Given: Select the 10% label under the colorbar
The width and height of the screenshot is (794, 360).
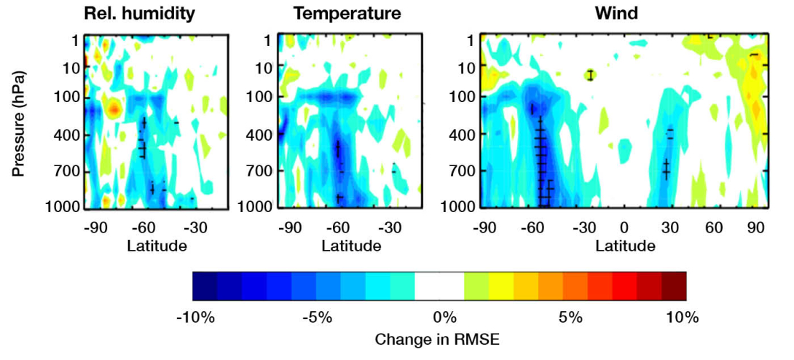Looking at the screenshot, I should (682, 318).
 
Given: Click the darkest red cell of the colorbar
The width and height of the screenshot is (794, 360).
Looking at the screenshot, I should (674, 286).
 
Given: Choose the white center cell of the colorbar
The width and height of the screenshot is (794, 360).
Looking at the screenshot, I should (439, 286).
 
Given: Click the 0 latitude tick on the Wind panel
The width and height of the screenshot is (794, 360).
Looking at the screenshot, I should (624, 227).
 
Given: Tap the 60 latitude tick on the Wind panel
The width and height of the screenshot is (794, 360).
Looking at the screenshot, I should (714, 227).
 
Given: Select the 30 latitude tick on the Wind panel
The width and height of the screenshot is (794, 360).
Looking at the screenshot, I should (669, 227).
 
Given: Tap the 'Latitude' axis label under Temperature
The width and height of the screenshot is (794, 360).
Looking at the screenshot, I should (352, 245).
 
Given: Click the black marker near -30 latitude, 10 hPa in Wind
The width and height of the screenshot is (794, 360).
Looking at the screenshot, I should (591, 74).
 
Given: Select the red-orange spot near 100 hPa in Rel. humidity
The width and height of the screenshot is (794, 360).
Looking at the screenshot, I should (113, 109).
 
